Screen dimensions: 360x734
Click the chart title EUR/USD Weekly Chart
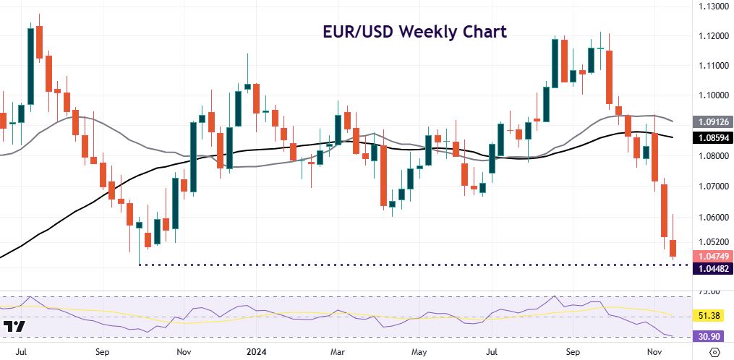[x=414, y=33]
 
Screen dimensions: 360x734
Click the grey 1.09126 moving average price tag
[x=712, y=122]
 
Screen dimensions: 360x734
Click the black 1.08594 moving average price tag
[x=712, y=137]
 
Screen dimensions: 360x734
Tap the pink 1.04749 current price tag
[x=712, y=256]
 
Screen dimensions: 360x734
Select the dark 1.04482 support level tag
[x=712, y=268]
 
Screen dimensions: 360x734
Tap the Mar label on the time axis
[x=338, y=353]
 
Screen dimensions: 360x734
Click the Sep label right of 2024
[x=573, y=353]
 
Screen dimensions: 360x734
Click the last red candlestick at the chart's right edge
[x=673, y=247]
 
